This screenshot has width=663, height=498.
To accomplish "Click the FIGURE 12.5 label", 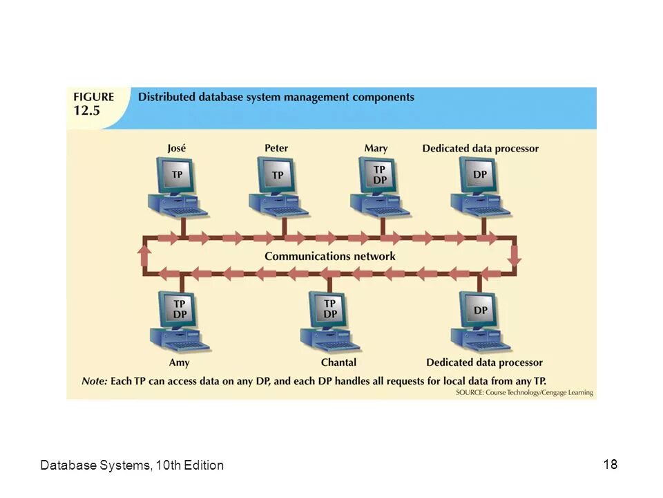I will point(93,104).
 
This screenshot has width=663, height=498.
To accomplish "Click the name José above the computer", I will point(177,148).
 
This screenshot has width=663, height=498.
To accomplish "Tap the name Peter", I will point(276,148).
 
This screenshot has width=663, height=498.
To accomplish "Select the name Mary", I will point(376,148).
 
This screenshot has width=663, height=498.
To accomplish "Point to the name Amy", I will point(179,362).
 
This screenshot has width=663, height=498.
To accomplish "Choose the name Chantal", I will point(338,362).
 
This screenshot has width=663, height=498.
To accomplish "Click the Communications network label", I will point(330,257).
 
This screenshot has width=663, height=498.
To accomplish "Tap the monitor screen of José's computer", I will point(177,175).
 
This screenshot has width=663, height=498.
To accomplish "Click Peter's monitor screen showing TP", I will point(278,175).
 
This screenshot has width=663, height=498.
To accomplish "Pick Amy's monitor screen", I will point(180,309).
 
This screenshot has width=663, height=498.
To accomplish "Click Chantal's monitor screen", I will point(330,308).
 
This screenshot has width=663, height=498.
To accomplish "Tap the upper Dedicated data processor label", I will point(481,149).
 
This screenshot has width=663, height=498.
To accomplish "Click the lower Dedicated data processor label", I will point(484,362).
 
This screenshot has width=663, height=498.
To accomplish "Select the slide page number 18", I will point(610,464).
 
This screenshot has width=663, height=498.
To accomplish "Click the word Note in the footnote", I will point(93,380).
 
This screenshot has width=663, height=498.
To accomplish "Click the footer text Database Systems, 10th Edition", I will point(132,465).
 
